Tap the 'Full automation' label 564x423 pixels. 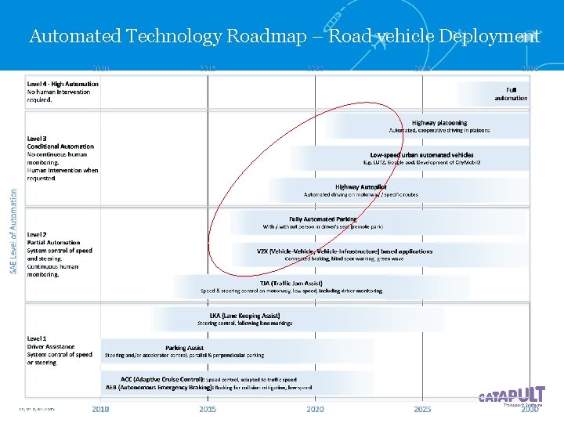(x=511, y=94)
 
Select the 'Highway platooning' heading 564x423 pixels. (x=439, y=123)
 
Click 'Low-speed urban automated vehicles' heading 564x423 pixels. (x=421, y=155)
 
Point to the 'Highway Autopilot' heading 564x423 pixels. (x=360, y=187)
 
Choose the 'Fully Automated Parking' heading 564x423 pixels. (x=323, y=219)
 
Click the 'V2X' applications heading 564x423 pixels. (x=344, y=251)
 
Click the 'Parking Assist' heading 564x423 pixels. (x=184, y=347)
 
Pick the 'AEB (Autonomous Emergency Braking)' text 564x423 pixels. (x=161, y=387)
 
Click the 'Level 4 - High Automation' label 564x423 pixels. (x=63, y=84)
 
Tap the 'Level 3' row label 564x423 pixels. (x=38, y=139)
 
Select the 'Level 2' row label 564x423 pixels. (x=38, y=234)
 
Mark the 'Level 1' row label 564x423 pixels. (x=38, y=338)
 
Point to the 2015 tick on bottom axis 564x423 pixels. (x=208, y=409)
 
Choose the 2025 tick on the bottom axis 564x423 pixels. (x=422, y=409)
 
